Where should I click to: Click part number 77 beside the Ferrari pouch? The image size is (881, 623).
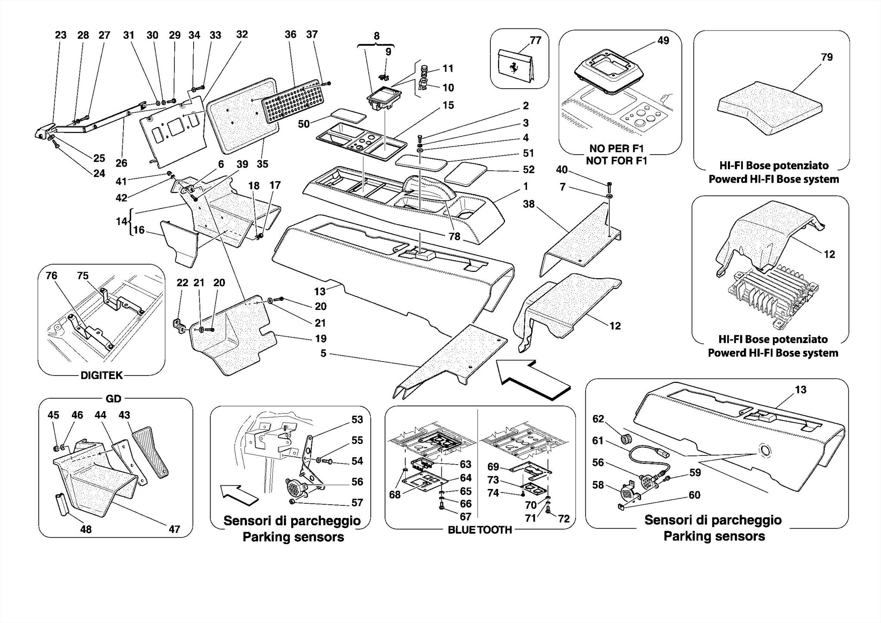click(x=535, y=40)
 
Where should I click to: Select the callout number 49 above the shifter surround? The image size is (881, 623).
click(x=663, y=40)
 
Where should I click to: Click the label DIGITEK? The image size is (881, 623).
click(x=102, y=375)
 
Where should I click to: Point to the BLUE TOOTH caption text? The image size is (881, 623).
click(x=480, y=530)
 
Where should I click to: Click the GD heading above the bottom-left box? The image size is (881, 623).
click(x=113, y=399)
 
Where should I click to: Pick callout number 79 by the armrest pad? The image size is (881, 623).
click(x=826, y=57)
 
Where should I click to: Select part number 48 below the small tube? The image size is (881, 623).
click(x=86, y=529)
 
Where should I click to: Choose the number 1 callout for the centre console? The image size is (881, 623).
click(x=525, y=186)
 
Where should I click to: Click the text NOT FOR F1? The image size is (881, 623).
click(x=616, y=161)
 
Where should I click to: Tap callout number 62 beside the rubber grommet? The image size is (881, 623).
click(x=598, y=419)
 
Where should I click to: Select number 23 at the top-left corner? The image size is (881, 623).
click(x=61, y=35)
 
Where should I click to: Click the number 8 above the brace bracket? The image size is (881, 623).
click(x=376, y=36)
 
